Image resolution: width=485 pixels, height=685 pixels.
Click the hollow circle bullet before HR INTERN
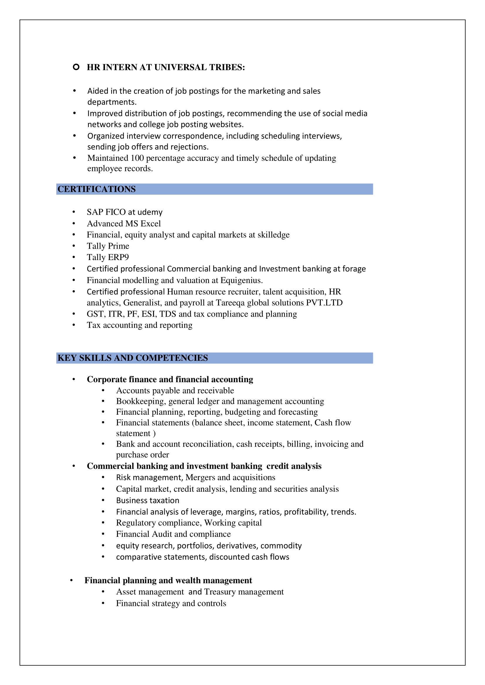pos(76,67)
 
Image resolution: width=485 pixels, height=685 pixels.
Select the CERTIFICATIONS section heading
pos(96,189)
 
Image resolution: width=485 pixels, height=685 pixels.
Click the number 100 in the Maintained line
pos(137,158)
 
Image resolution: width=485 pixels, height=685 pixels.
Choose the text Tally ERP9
pos(108,257)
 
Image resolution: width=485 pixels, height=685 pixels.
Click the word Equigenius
pos(241,281)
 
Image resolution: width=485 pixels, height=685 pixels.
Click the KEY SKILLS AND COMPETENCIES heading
pos(133,358)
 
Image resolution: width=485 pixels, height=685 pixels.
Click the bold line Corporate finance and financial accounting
pos(170,380)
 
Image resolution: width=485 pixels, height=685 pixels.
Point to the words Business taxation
pos(147,500)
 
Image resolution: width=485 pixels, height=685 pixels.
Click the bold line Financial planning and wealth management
pos(168,580)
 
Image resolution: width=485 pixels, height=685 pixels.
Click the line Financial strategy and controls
pos(171,603)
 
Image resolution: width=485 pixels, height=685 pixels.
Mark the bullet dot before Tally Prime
pos(74,246)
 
